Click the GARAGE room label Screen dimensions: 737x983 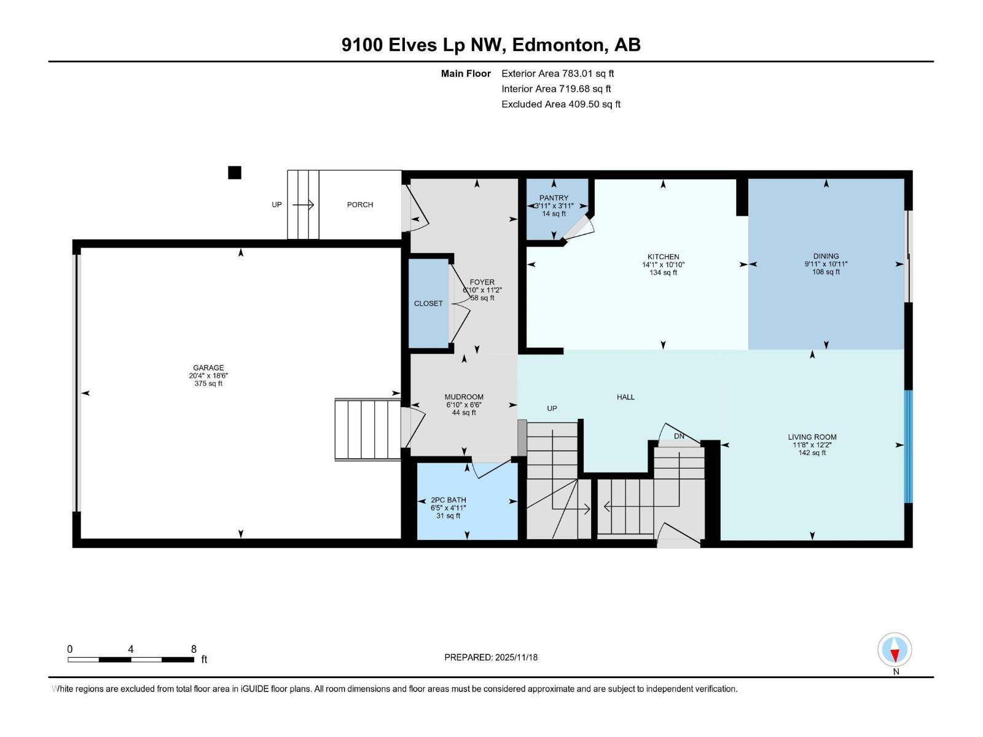(x=208, y=368)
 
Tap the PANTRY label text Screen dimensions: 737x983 (x=554, y=198)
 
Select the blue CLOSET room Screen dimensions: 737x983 (x=428, y=303)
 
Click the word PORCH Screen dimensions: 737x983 (x=360, y=205)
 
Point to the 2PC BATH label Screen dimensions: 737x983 (x=448, y=500)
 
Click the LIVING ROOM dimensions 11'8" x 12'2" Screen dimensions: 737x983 (x=812, y=445)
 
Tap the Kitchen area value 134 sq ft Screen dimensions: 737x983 (x=663, y=273)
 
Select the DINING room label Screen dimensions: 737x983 (x=826, y=256)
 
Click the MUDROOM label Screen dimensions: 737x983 (x=464, y=397)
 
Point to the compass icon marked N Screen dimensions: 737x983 (x=895, y=650)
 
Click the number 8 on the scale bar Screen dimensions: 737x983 (x=194, y=649)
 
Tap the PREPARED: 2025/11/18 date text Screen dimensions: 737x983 (x=491, y=657)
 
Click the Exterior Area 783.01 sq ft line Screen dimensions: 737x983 (x=557, y=73)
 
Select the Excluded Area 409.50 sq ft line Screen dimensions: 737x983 (x=560, y=104)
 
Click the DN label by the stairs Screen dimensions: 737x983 (x=679, y=436)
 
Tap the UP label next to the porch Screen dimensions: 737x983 (x=276, y=205)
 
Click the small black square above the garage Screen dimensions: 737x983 (x=234, y=173)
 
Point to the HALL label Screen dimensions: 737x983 (x=625, y=397)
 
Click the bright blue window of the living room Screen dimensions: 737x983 (x=908, y=446)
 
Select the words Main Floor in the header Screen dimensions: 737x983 (x=466, y=73)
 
